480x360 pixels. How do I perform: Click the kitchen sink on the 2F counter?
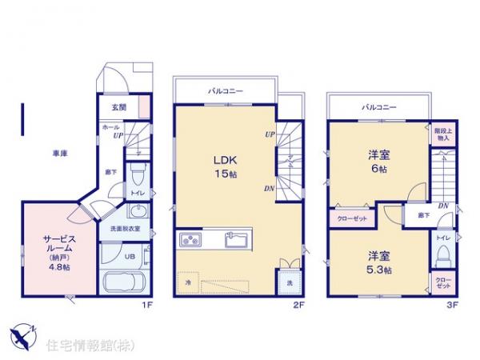pos(236,238)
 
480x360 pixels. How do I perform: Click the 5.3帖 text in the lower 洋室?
pos(380,270)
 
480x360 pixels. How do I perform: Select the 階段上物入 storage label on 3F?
pos(442,134)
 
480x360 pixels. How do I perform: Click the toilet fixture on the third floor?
pos(442,257)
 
